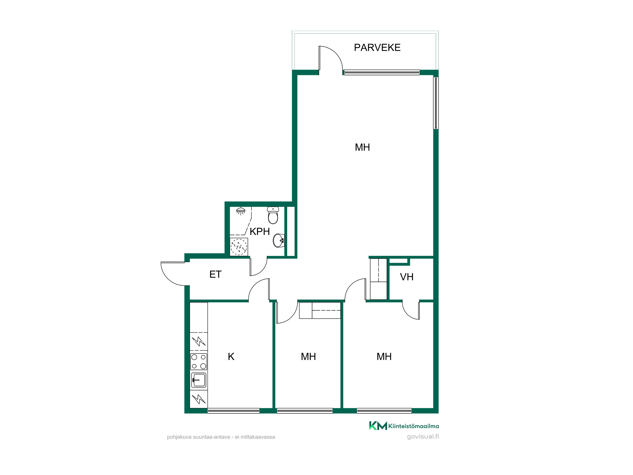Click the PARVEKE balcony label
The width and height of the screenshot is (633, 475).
[377, 47]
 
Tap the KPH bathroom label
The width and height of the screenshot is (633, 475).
[260, 231]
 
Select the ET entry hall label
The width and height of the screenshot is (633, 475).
[215, 274]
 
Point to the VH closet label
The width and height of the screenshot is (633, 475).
[407, 277]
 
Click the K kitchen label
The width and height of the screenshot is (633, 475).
[231, 357]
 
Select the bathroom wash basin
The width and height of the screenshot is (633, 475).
[279, 240]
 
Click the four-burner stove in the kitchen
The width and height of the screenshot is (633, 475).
[199, 362]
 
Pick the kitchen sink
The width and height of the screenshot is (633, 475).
[199, 380]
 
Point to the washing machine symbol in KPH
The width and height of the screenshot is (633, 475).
[239, 247]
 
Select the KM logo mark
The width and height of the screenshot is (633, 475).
[378, 426]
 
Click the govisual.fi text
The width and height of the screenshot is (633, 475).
[423, 436]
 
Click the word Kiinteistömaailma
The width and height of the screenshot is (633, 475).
[414, 426]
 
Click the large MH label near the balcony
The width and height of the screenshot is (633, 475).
[362, 147]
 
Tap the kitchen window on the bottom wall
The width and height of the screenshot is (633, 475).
[234, 411]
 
